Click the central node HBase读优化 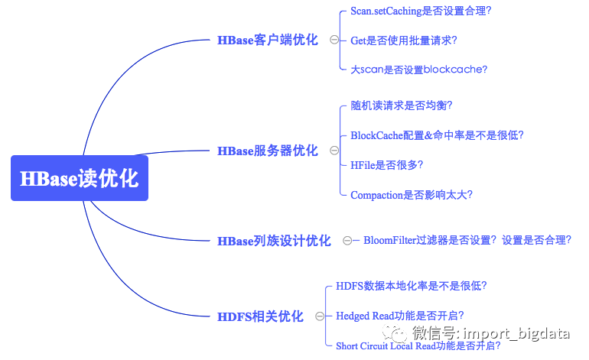pyautogui.click(x=79, y=178)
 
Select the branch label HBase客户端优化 pyautogui.click(x=267, y=40)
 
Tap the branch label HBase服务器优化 pyautogui.click(x=267, y=151)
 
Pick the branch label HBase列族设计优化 pyautogui.click(x=274, y=241)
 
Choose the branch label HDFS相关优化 pyautogui.click(x=260, y=316)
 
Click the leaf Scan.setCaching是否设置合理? pyautogui.click(x=421, y=11)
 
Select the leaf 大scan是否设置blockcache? pyautogui.click(x=418, y=69)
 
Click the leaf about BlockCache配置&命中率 pyautogui.click(x=437, y=135)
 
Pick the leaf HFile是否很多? pyautogui.click(x=386, y=164)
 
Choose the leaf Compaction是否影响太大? pyautogui.click(x=411, y=195)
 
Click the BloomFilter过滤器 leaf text pyautogui.click(x=467, y=240)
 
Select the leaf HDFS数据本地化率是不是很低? pyautogui.click(x=412, y=286)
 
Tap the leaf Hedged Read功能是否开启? pyautogui.click(x=400, y=316)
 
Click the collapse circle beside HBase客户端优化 pyautogui.click(x=334, y=40)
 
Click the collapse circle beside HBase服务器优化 pyautogui.click(x=334, y=151)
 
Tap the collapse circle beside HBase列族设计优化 pyautogui.click(x=347, y=241)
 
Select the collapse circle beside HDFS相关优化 pyautogui.click(x=319, y=316)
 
